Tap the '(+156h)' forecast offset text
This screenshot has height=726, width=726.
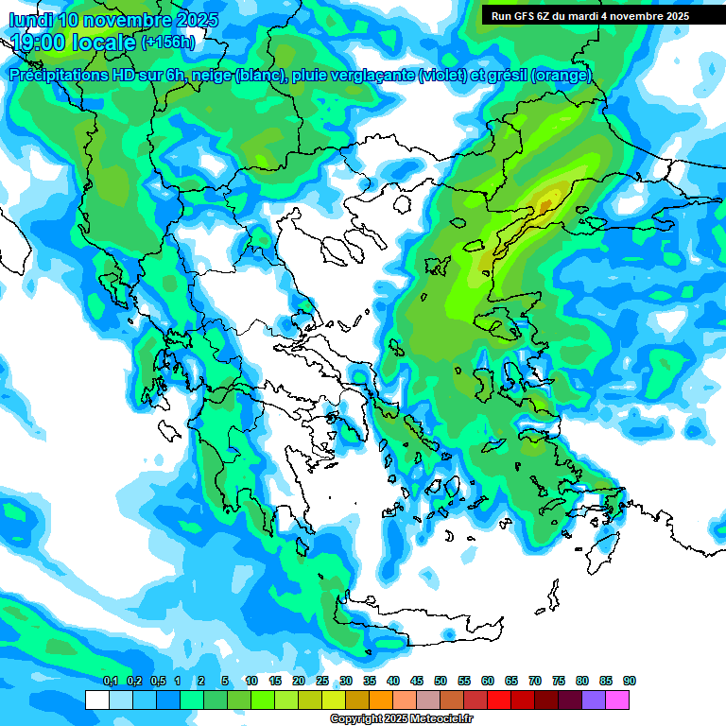click(x=167, y=42)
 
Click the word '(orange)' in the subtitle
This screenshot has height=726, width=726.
click(x=562, y=76)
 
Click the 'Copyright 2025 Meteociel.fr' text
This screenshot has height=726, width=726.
click(x=401, y=719)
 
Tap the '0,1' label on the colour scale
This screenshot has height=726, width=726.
click(x=110, y=681)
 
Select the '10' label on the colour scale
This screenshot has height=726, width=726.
click(x=251, y=681)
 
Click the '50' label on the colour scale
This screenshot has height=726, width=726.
click(x=441, y=681)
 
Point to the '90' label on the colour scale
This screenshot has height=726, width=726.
click(x=630, y=681)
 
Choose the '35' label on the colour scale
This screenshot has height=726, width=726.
click(x=370, y=681)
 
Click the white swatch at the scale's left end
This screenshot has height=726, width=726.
click(x=96, y=700)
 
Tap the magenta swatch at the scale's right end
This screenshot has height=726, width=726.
click(x=617, y=700)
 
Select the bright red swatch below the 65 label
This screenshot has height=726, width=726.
click(x=499, y=700)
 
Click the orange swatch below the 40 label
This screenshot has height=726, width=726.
click(x=381, y=700)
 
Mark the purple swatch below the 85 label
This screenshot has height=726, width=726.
click(x=594, y=700)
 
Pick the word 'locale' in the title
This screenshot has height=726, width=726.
click(x=104, y=42)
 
